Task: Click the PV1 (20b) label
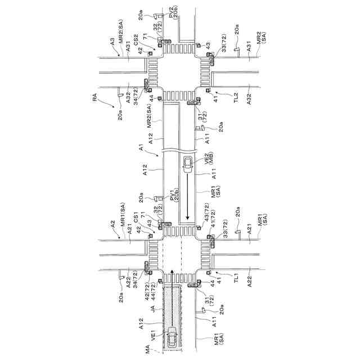tap(173, 197)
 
